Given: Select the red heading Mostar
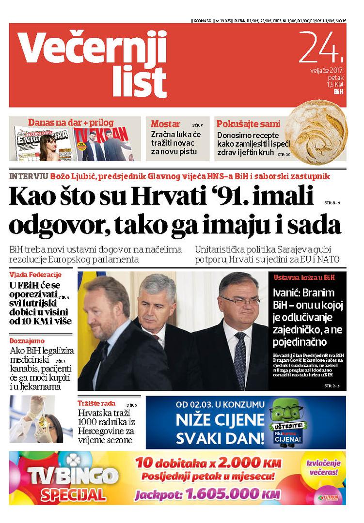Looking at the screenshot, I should [x=165, y=123].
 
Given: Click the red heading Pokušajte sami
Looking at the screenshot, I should [x=248, y=123].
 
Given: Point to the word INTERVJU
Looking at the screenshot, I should [x=29, y=176].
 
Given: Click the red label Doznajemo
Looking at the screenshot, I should [x=27, y=341].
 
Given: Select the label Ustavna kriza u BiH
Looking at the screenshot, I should [x=303, y=278].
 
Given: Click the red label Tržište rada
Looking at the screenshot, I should [x=97, y=403].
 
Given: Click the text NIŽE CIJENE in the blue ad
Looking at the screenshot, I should [x=220, y=421].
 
